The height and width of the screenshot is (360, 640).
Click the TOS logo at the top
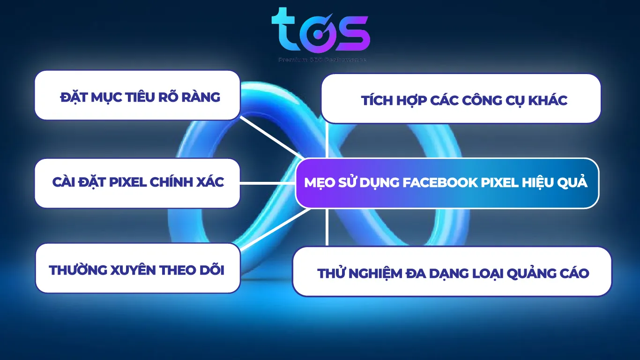(x=320, y=31)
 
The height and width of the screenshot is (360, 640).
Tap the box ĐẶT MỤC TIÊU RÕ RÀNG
(x=137, y=95)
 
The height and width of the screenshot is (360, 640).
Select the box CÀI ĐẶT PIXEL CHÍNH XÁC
(x=137, y=183)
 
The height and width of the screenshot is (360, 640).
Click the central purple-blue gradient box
(x=447, y=183)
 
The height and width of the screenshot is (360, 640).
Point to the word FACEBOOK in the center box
(x=441, y=183)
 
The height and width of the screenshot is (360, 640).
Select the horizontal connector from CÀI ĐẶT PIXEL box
(x=267, y=183)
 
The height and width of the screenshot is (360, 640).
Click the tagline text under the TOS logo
(x=322, y=60)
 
